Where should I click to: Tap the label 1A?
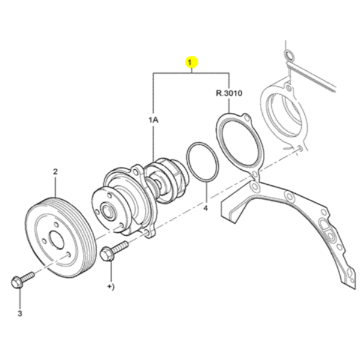(154, 120)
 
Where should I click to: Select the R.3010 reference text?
(229, 93)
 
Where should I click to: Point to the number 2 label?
(55, 172)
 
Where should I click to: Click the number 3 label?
(20, 313)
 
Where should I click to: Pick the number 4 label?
(206, 208)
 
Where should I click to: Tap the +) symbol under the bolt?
(111, 287)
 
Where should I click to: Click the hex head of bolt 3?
(17, 283)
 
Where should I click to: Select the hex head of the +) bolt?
(107, 254)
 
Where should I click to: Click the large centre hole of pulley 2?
(56, 240)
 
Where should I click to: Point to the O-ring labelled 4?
(202, 161)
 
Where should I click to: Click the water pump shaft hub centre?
(107, 211)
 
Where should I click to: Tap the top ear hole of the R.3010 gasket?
(247, 118)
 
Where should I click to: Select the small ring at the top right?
(289, 55)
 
